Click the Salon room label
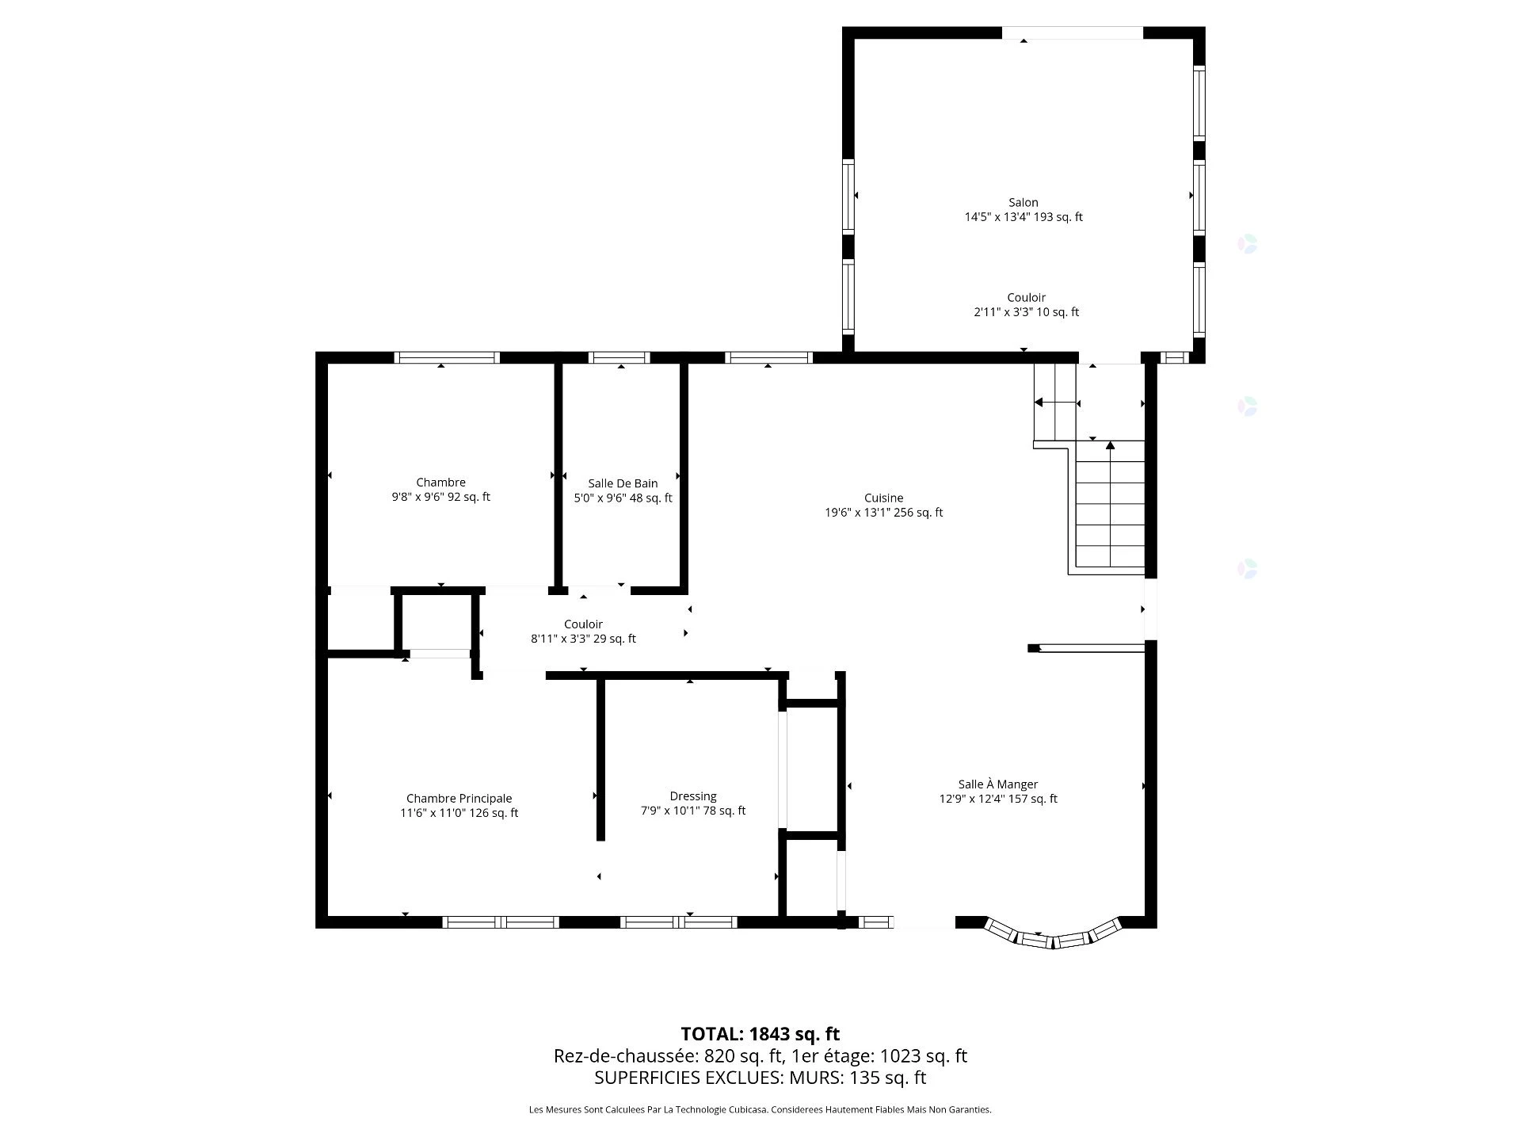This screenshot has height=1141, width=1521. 1023,203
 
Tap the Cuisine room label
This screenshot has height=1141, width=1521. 883,498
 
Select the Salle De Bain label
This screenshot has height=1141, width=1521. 623,483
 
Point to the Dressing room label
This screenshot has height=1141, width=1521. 693,796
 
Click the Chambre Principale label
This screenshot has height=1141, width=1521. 459,799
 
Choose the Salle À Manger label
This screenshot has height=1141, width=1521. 998,784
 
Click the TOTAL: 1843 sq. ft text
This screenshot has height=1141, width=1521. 760,1034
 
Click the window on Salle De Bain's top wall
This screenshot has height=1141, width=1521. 619,357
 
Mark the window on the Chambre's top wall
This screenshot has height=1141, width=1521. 447,357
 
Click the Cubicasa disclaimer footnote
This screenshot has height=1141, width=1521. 760,1110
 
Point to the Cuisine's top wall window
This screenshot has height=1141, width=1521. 768,357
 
